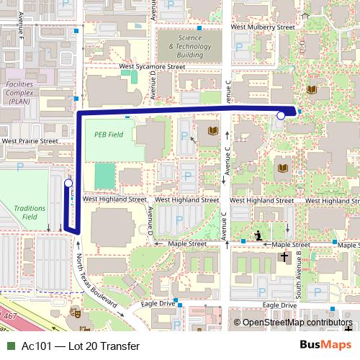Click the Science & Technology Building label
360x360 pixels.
190,46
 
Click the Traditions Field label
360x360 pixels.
30,212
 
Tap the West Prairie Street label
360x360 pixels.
30,141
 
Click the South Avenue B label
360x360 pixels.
298,273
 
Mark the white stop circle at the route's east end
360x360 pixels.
281,114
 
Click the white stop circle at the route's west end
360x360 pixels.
68,184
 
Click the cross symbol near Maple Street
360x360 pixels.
284,256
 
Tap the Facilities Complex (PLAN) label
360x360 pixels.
19,93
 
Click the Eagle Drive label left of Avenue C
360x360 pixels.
158,304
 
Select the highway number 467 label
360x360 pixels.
9,316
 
